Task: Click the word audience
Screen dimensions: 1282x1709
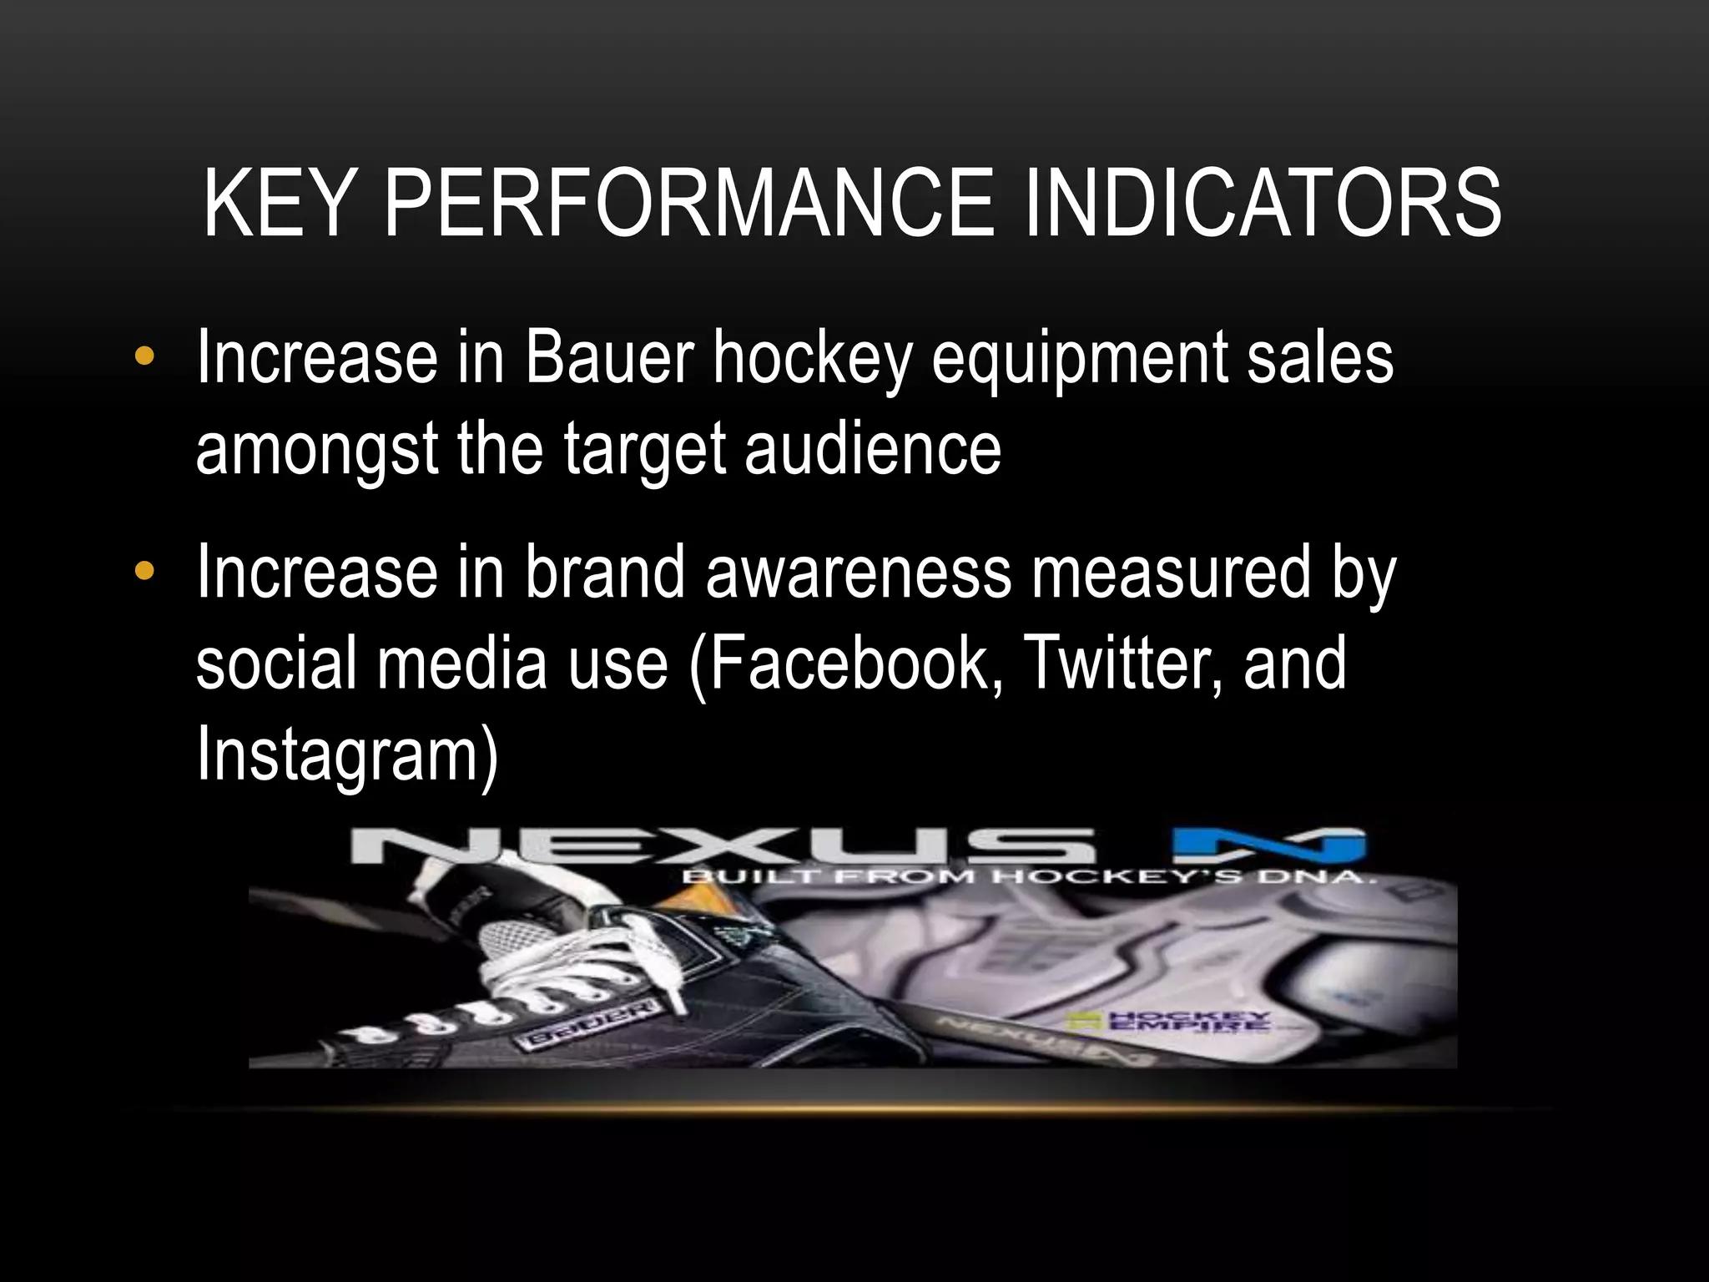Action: tap(872, 448)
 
